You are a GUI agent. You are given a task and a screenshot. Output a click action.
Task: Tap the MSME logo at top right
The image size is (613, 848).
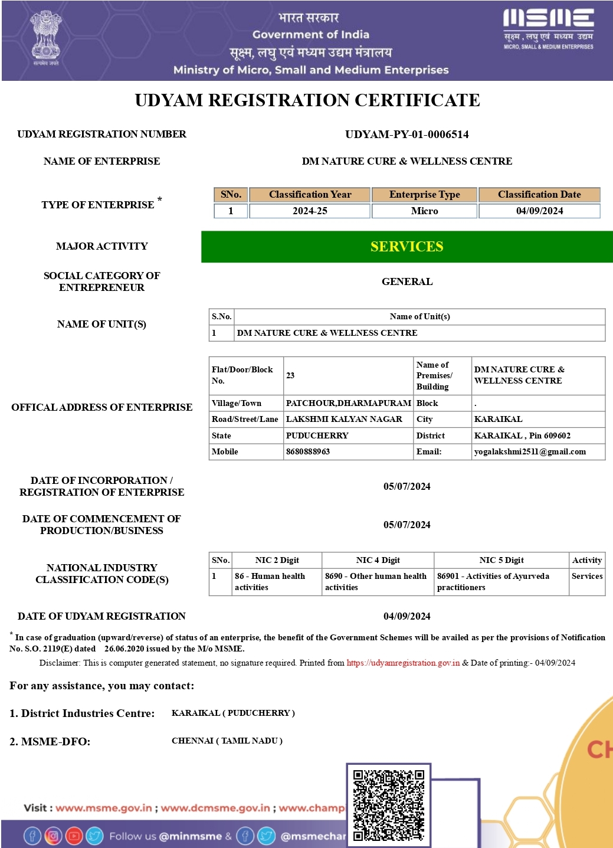(x=548, y=28)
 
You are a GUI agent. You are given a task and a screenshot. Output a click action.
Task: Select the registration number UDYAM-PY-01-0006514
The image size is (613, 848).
(x=407, y=135)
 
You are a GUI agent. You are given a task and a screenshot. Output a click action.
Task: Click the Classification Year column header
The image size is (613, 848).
(x=310, y=195)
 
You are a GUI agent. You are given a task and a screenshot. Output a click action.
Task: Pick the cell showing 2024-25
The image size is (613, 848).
(x=310, y=211)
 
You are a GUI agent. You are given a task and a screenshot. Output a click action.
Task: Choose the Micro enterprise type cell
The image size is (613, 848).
(x=424, y=211)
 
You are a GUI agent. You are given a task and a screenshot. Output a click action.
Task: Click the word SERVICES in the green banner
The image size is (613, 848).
(x=407, y=247)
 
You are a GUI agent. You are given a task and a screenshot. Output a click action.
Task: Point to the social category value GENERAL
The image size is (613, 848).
(x=407, y=282)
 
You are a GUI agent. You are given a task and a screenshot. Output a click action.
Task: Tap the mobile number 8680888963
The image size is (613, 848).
(x=308, y=452)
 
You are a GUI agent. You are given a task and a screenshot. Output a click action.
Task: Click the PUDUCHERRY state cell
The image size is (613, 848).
(x=317, y=436)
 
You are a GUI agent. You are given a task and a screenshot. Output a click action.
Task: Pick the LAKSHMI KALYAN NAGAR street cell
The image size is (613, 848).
(x=344, y=420)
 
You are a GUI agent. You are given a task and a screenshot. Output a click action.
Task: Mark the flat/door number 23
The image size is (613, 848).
(x=290, y=376)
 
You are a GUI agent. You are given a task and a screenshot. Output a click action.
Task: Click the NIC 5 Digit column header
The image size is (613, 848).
(x=501, y=561)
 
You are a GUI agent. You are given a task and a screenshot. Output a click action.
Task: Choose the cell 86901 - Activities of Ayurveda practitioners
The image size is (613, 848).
(x=493, y=582)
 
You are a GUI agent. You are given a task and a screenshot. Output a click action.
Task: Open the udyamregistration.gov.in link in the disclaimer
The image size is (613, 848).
(x=403, y=663)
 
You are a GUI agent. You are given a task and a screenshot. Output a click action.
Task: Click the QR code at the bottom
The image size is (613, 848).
(x=389, y=805)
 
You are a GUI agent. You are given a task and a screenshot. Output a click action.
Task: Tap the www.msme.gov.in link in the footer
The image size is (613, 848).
(x=104, y=808)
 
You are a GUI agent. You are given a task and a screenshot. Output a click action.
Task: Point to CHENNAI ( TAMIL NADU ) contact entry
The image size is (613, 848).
(x=227, y=741)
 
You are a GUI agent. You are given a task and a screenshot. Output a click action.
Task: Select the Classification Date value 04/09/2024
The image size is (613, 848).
(x=539, y=211)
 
